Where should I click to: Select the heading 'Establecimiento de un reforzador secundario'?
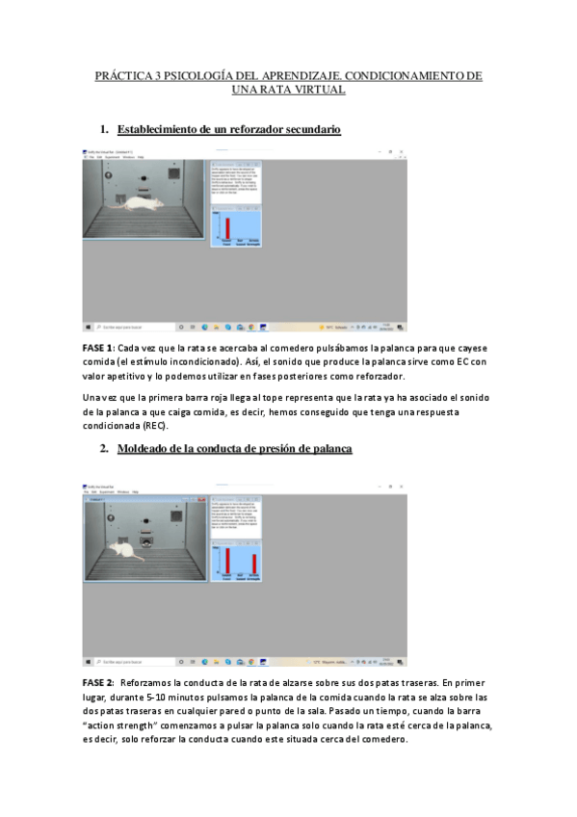click(228, 129)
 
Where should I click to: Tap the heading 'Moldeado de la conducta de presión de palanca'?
click(235, 449)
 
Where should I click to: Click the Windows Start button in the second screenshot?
click(88, 662)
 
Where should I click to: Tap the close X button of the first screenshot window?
click(403, 152)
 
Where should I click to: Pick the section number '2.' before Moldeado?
click(104, 449)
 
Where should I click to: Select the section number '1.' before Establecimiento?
click(104, 129)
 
